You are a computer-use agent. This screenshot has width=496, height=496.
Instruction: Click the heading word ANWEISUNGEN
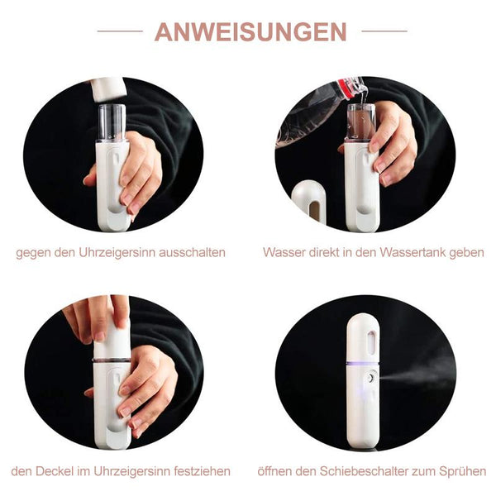pyautogui.click(x=250, y=31)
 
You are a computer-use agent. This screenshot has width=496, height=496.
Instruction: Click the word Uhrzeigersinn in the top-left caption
pyautogui.click(x=117, y=253)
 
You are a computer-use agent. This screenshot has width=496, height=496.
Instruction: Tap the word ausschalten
pyautogui.click(x=192, y=253)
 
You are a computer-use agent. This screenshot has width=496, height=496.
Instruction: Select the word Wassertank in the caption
pyautogui.click(x=413, y=252)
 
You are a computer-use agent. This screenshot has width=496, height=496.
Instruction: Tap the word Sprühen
pyautogui.click(x=462, y=471)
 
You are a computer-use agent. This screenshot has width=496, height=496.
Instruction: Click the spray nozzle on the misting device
pyautogui.click(x=371, y=377)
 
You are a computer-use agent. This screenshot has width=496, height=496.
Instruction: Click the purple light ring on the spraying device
pyautogui.click(x=363, y=363)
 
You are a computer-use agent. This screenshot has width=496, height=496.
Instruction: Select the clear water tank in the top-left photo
pyautogui.click(x=112, y=122)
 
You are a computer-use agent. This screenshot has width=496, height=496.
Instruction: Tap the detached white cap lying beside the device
pyautogui.click(x=308, y=201)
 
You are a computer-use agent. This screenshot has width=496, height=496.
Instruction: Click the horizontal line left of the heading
pyautogui.click(x=120, y=31)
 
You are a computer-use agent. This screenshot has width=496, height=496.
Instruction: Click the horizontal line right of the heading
pyautogui.click(x=384, y=31)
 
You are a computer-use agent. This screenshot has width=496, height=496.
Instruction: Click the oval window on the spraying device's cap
pyautogui.click(x=371, y=342)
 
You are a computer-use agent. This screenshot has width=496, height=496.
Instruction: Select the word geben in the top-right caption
pyautogui.click(x=466, y=253)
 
